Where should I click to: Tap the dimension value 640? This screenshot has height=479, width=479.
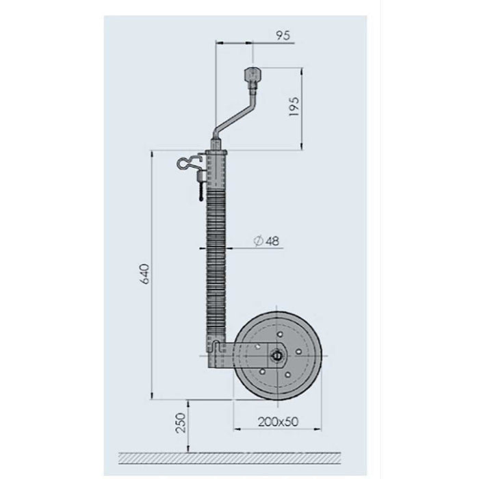tap(142, 276)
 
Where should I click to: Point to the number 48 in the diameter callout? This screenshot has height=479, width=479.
tap(272, 242)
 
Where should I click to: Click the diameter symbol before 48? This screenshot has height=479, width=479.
tap(258, 242)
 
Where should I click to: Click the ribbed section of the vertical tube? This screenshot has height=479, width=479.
tap(216, 260)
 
